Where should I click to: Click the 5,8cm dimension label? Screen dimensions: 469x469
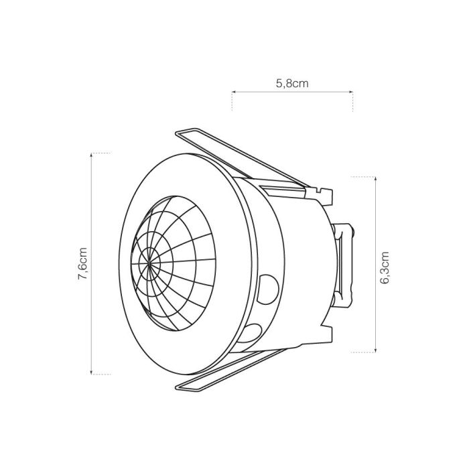tap(292, 84)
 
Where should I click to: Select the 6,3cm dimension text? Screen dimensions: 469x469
tap(385, 268)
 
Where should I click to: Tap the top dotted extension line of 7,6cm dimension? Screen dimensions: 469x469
tap(100, 153)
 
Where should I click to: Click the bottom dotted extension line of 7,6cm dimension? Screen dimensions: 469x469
tap(100, 373)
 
